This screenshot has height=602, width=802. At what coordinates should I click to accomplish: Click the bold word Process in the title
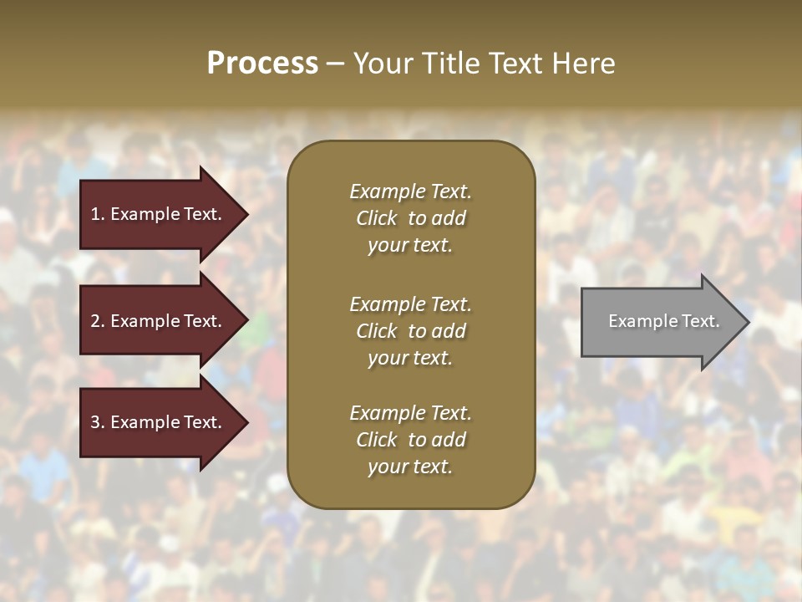262,64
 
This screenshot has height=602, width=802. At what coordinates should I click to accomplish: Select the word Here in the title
583,64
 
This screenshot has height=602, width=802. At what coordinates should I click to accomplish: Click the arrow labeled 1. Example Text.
159,214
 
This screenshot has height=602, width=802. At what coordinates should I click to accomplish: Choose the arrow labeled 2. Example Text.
159,321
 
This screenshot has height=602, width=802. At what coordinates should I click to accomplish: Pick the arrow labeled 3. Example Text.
159,422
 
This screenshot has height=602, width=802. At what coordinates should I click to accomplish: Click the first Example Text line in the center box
410,191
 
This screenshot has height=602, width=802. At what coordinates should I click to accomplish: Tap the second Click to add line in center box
410,331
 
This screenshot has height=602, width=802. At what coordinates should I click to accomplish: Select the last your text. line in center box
410,467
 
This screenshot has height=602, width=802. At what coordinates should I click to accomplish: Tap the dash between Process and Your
335,64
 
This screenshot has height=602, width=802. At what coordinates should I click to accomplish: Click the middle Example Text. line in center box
410,304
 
